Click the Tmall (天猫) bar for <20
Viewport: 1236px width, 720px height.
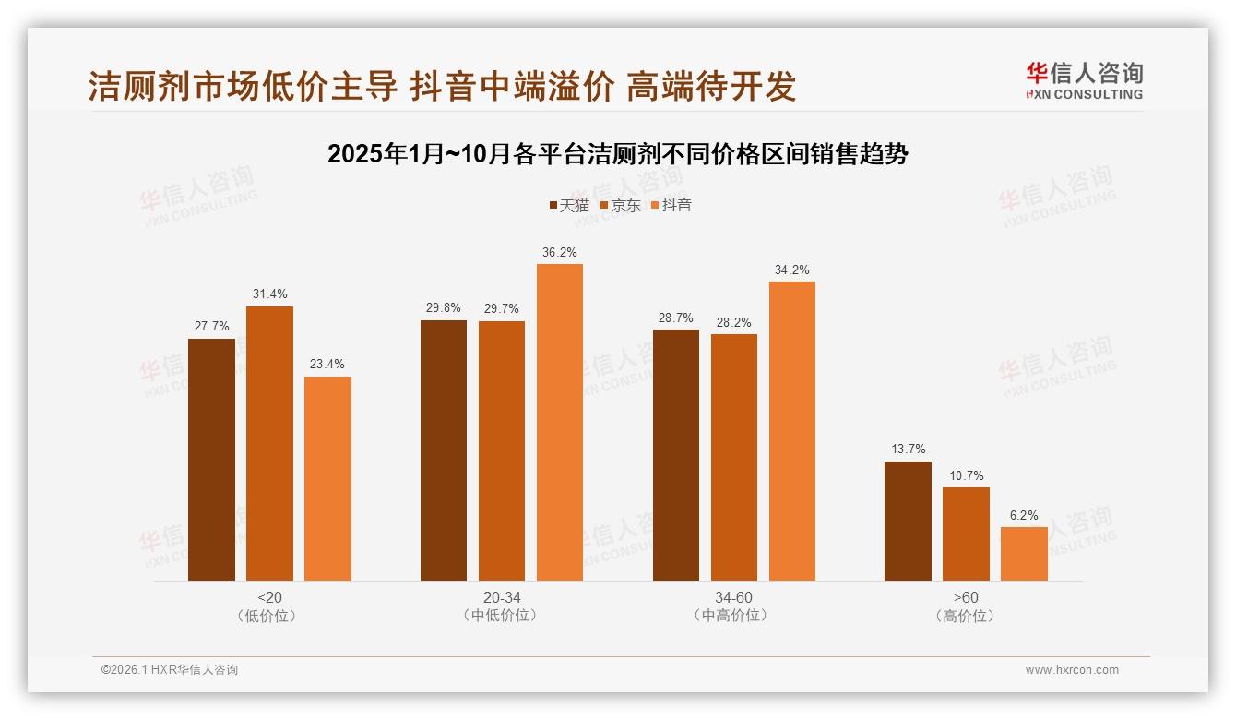[211, 460]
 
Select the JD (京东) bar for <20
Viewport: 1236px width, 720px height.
[269, 443]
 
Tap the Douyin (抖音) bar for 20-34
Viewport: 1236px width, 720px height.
[560, 422]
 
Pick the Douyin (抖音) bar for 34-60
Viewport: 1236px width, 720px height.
[792, 431]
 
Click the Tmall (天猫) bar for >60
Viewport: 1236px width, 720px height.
[908, 521]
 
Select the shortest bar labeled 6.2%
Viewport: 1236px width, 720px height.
[1024, 554]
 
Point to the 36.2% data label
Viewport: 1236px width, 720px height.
[560, 252]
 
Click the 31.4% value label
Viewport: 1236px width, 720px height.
[269, 294]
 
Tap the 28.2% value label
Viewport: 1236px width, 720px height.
[734, 322]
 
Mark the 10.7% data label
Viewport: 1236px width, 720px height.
[966, 475]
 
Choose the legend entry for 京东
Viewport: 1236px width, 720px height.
[620, 206]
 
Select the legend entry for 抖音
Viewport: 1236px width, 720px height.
[671, 206]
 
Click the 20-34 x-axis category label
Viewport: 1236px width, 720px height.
[501, 597]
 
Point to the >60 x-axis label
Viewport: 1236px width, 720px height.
[966, 597]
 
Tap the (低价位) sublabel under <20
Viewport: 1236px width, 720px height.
[269, 616]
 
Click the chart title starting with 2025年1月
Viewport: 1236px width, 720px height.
[617, 154]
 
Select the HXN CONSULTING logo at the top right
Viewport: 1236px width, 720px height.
[1084, 81]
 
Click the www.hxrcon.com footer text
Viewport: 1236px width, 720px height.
[1072, 670]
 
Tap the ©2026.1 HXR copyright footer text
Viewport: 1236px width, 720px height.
[170, 670]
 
